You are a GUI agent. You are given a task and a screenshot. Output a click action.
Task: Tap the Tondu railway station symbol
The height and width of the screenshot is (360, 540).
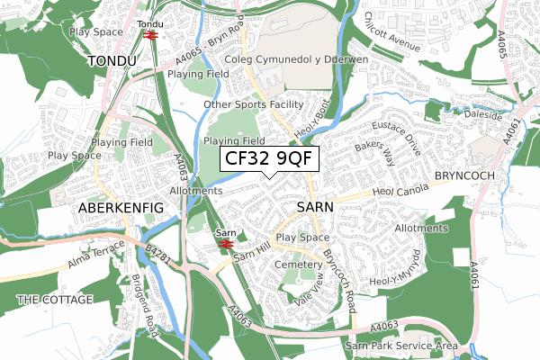tap(150, 35)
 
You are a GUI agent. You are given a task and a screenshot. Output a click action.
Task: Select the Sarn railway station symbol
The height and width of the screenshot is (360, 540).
tap(225, 242)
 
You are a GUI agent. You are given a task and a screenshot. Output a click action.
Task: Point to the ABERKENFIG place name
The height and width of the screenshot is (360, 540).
tap(121, 207)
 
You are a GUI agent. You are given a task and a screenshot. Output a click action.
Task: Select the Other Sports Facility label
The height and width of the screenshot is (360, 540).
tap(255, 104)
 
